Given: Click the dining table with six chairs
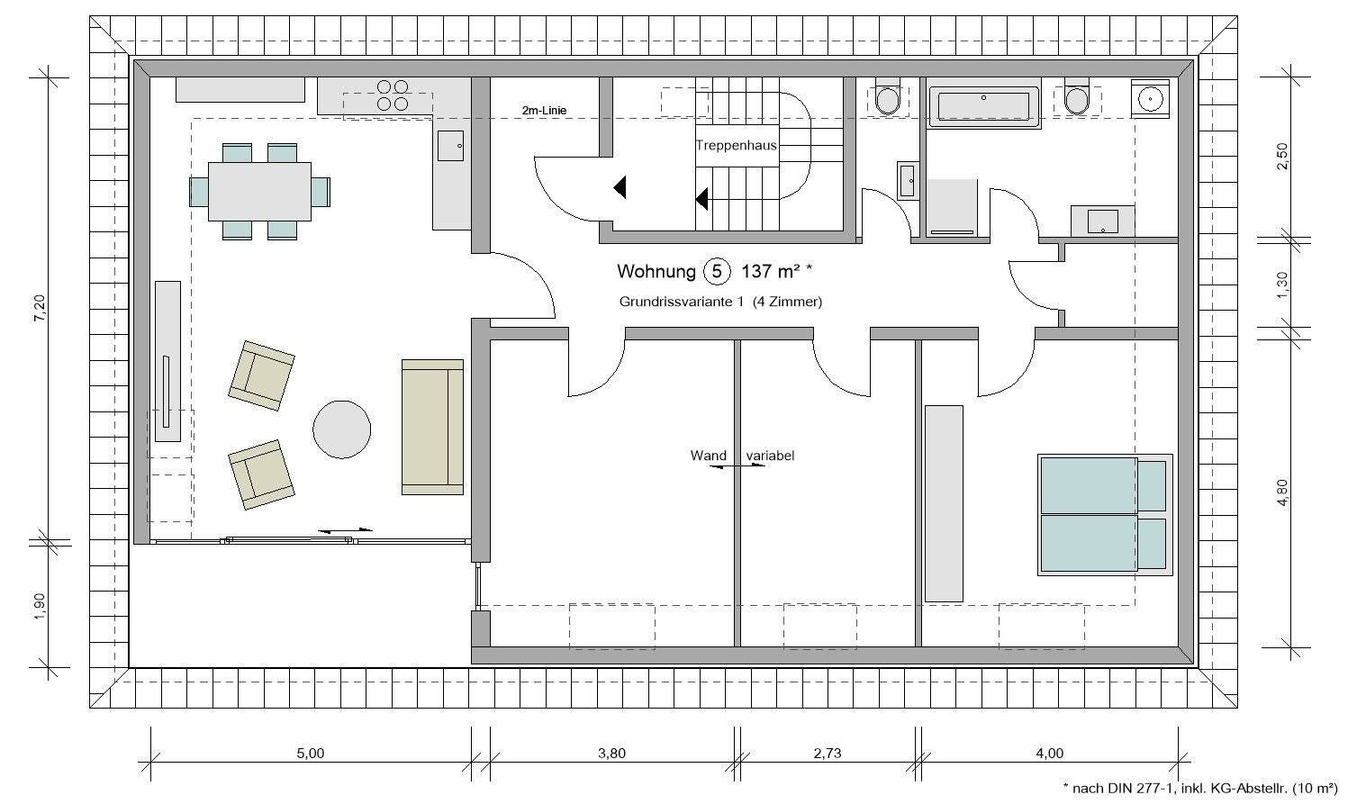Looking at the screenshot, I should click(x=259, y=191).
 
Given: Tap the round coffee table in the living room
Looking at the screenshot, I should click(x=341, y=429).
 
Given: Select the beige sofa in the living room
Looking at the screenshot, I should click(x=432, y=427).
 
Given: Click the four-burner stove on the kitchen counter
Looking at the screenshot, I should click(x=392, y=95).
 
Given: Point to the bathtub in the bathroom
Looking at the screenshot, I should click(x=983, y=106).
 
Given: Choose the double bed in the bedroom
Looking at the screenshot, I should click(x=1106, y=514).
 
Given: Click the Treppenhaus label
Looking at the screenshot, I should click(x=736, y=145).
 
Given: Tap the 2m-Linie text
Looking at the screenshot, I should click(x=544, y=111).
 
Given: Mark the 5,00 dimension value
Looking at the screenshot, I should click(x=310, y=754).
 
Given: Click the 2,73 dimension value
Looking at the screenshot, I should click(x=826, y=754).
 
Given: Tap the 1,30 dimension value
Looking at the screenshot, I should click(x=1283, y=285).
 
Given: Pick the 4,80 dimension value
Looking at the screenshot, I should click(x=1283, y=492).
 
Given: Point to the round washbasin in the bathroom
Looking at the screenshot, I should click(x=1150, y=97).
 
